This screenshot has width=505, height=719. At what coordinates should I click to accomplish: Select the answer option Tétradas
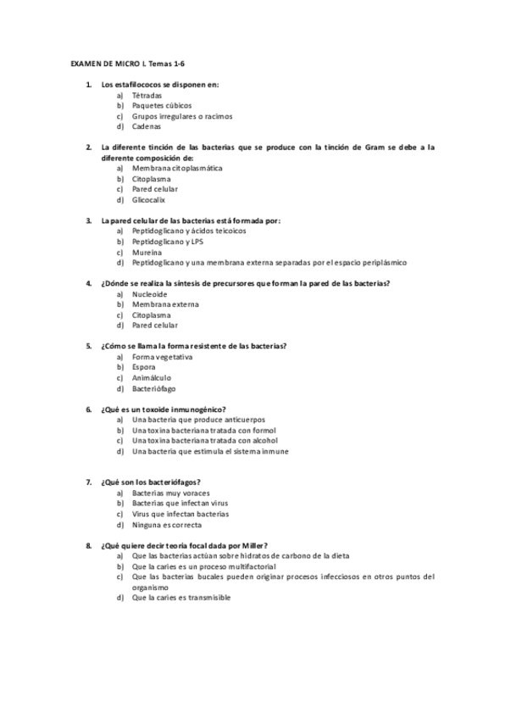point(147,96)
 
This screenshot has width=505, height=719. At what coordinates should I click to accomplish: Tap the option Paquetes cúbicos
point(162,106)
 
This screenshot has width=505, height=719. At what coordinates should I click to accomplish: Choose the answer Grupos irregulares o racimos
point(182,116)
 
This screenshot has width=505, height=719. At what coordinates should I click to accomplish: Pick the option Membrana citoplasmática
point(177,168)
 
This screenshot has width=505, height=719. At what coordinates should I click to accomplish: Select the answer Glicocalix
point(148,200)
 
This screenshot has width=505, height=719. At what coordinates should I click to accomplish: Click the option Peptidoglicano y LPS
point(168,241)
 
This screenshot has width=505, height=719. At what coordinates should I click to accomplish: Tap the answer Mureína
point(146,252)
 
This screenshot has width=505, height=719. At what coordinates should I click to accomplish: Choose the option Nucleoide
point(149,293)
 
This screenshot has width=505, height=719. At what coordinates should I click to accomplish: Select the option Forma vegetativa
point(163,356)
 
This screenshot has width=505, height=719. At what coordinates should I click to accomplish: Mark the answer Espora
point(144,367)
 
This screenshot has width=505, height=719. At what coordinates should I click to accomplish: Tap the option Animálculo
point(152,377)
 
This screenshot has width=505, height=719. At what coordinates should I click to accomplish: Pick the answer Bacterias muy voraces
point(170,493)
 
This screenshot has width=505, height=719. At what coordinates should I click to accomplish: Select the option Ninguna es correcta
point(167,525)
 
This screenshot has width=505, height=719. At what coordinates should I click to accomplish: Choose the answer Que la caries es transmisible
point(181,597)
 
